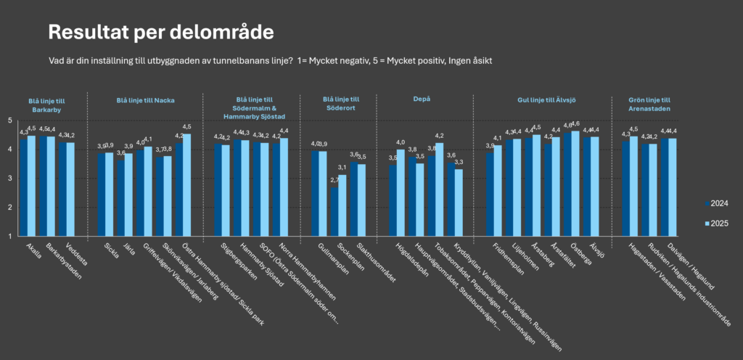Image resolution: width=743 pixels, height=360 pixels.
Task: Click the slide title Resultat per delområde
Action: coord(160,32)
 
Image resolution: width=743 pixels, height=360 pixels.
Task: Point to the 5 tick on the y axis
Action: coord(11,120)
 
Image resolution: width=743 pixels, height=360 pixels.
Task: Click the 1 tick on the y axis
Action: coord(11,236)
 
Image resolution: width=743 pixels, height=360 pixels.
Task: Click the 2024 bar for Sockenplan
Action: coord(334,212)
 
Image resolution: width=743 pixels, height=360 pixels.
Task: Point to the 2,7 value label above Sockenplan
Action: coord(334,180)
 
